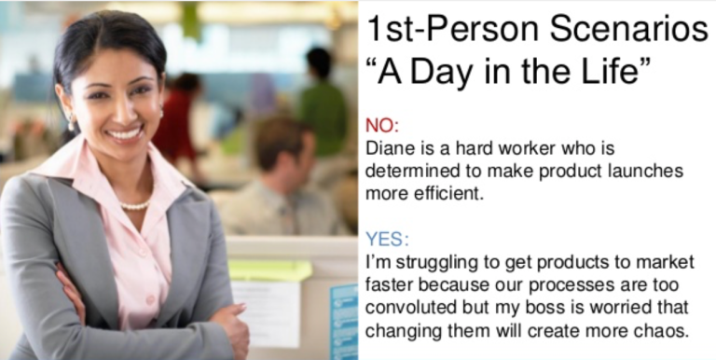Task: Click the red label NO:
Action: click(380, 124)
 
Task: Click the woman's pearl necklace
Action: click(135, 204)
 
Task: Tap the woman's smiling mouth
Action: click(123, 132)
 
